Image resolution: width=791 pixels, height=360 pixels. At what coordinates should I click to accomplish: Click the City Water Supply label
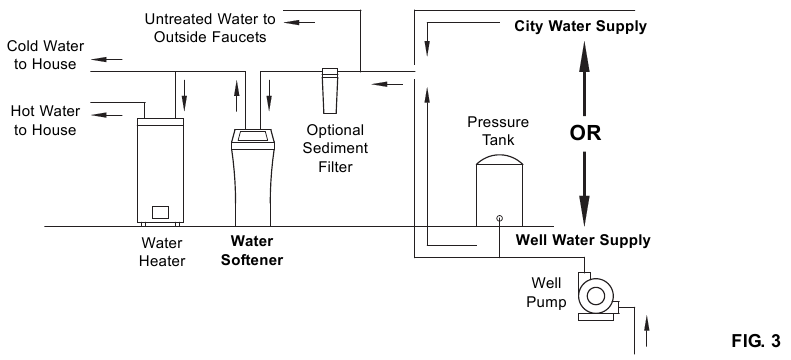[x=580, y=25]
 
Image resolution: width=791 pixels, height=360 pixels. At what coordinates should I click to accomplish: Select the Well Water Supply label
[x=582, y=240]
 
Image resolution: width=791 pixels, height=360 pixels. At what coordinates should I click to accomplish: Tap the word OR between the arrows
[x=585, y=133]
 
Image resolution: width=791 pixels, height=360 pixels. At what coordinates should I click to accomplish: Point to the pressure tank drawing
[x=499, y=189]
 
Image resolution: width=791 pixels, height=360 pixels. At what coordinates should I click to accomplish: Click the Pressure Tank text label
[x=498, y=130]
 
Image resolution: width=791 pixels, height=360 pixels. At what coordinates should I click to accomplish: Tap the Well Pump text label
[x=548, y=292]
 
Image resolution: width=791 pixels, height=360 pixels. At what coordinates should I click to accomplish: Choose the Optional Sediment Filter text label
[x=335, y=148]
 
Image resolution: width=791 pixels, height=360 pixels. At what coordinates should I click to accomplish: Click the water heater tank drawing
[x=163, y=170]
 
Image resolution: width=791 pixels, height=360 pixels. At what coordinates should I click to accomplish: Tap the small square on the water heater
[x=162, y=212]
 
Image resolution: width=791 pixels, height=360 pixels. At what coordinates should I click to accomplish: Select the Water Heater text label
[x=162, y=250]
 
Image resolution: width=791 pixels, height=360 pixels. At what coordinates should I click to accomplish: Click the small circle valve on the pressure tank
[x=499, y=218]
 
